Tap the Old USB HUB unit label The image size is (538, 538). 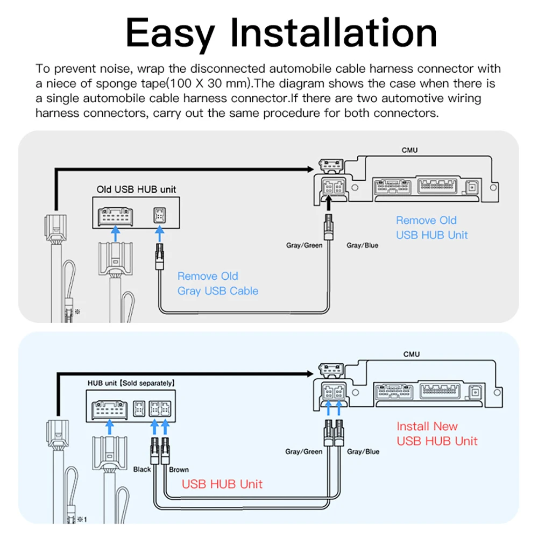pos(136,189)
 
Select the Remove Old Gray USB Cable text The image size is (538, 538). pos(218,284)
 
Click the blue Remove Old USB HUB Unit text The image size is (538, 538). pos(432,228)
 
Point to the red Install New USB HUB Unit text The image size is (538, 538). pos(437,434)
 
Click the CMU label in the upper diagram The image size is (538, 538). pos(410,150)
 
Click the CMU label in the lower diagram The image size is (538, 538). pos(412,355)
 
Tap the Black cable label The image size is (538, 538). pos(142,469)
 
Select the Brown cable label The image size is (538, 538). pos(179,469)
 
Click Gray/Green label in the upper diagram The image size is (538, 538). pos(304,245)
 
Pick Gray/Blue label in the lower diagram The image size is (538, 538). pos(363,451)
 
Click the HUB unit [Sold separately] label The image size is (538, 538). pos(131,384)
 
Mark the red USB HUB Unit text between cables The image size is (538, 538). pos(222,484)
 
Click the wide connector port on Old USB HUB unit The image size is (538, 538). pos(115,215)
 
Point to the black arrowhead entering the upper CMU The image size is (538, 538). pos(309,169)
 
